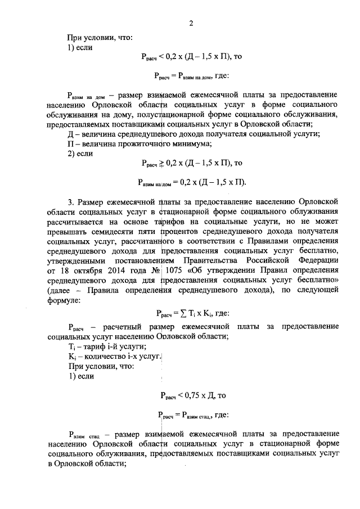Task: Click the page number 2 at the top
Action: [x=191, y=23]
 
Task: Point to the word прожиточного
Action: [x=127, y=143]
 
